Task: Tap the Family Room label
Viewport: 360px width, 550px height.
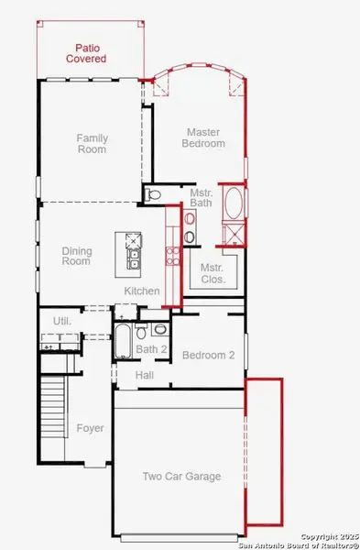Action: pos(92,144)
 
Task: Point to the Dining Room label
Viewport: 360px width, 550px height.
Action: pos(76,256)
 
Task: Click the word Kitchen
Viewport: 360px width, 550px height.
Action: pos(143,291)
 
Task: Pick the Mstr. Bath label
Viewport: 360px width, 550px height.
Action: pos(202,199)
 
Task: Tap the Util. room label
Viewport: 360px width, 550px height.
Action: pos(62,322)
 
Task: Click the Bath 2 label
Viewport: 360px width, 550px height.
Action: pos(152,349)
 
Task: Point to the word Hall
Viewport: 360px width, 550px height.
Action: pos(145,376)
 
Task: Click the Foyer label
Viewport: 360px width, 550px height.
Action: pos(90,428)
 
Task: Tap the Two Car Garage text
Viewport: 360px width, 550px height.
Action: pos(181,477)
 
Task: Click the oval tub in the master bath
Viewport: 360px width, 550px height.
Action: pos(233,203)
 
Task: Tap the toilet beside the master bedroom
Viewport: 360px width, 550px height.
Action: pos(154,194)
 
